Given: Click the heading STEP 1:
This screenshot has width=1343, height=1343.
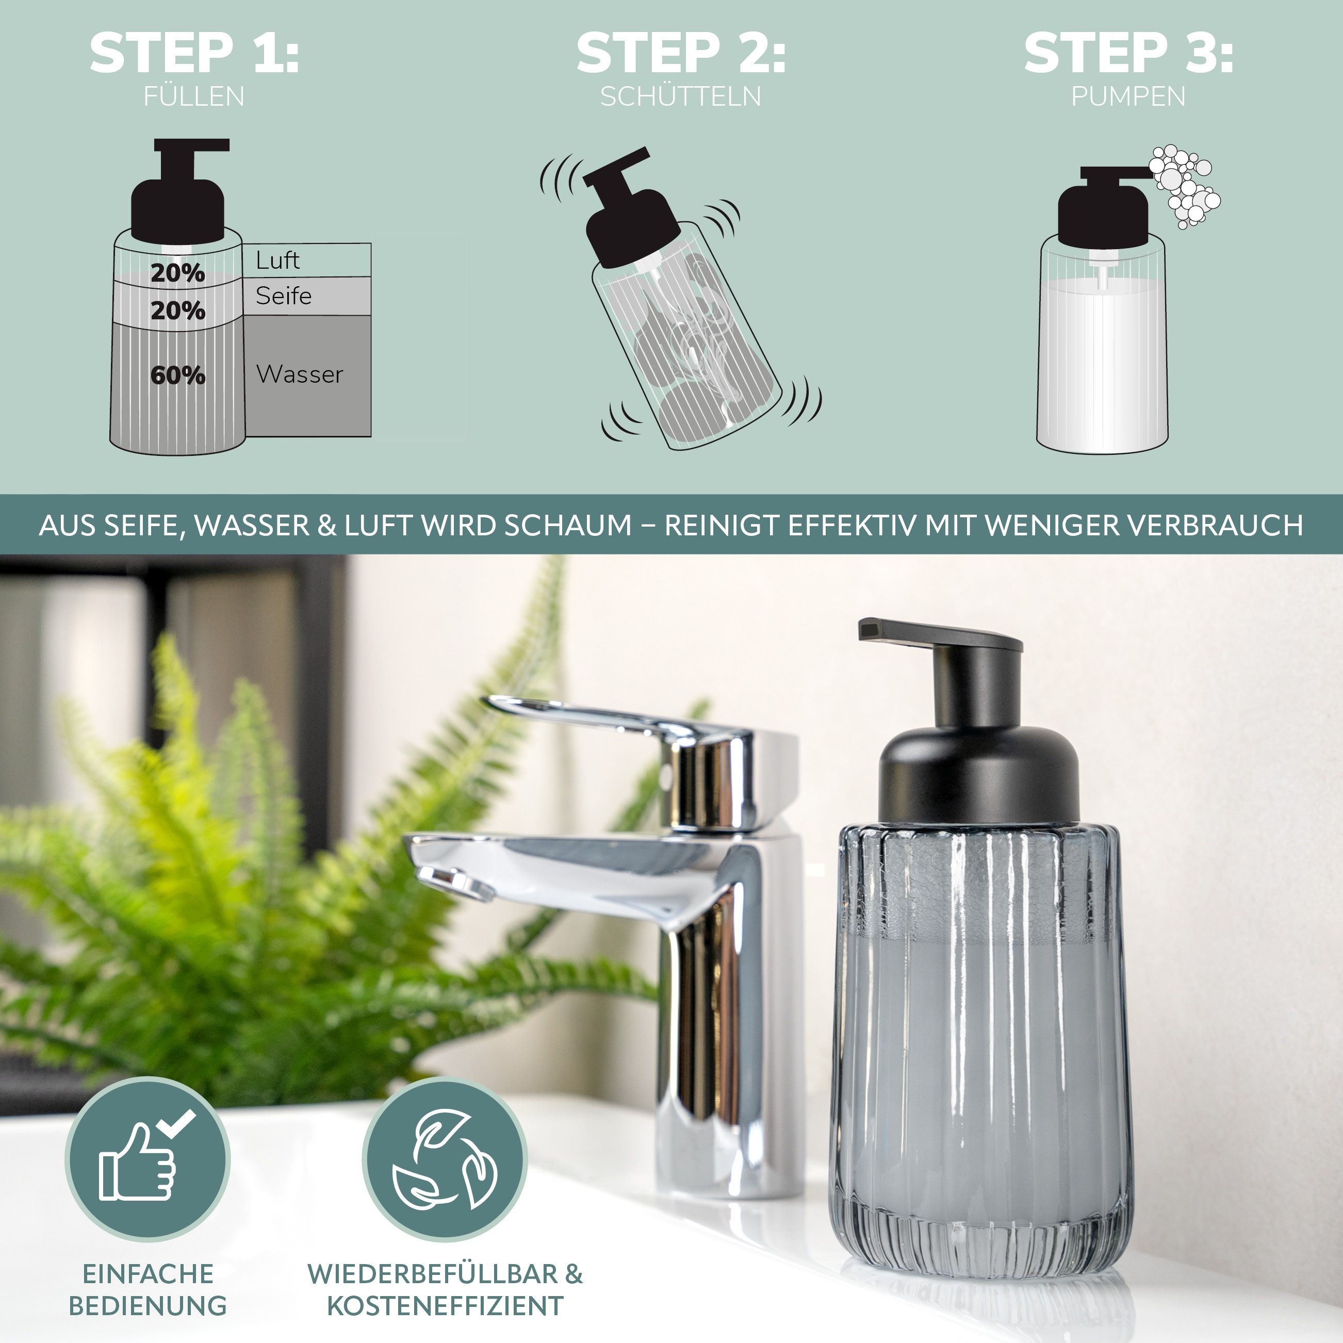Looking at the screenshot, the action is (x=194, y=53).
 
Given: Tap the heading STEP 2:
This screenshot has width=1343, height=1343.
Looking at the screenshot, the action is (x=681, y=53).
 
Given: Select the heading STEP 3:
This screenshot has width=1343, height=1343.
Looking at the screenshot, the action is (x=1129, y=53).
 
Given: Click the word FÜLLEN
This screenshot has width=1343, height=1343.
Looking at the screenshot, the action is (x=194, y=96).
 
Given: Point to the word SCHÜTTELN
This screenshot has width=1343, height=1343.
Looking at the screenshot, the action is (x=681, y=96).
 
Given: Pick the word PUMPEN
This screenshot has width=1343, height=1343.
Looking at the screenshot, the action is (x=1128, y=96).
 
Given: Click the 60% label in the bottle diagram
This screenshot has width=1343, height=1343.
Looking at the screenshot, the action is (x=178, y=375).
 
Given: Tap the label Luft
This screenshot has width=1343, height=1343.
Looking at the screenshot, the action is (x=277, y=260).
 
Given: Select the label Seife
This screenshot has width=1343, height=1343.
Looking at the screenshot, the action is (x=283, y=296).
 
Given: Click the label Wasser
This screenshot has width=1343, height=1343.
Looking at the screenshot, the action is (x=300, y=374).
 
